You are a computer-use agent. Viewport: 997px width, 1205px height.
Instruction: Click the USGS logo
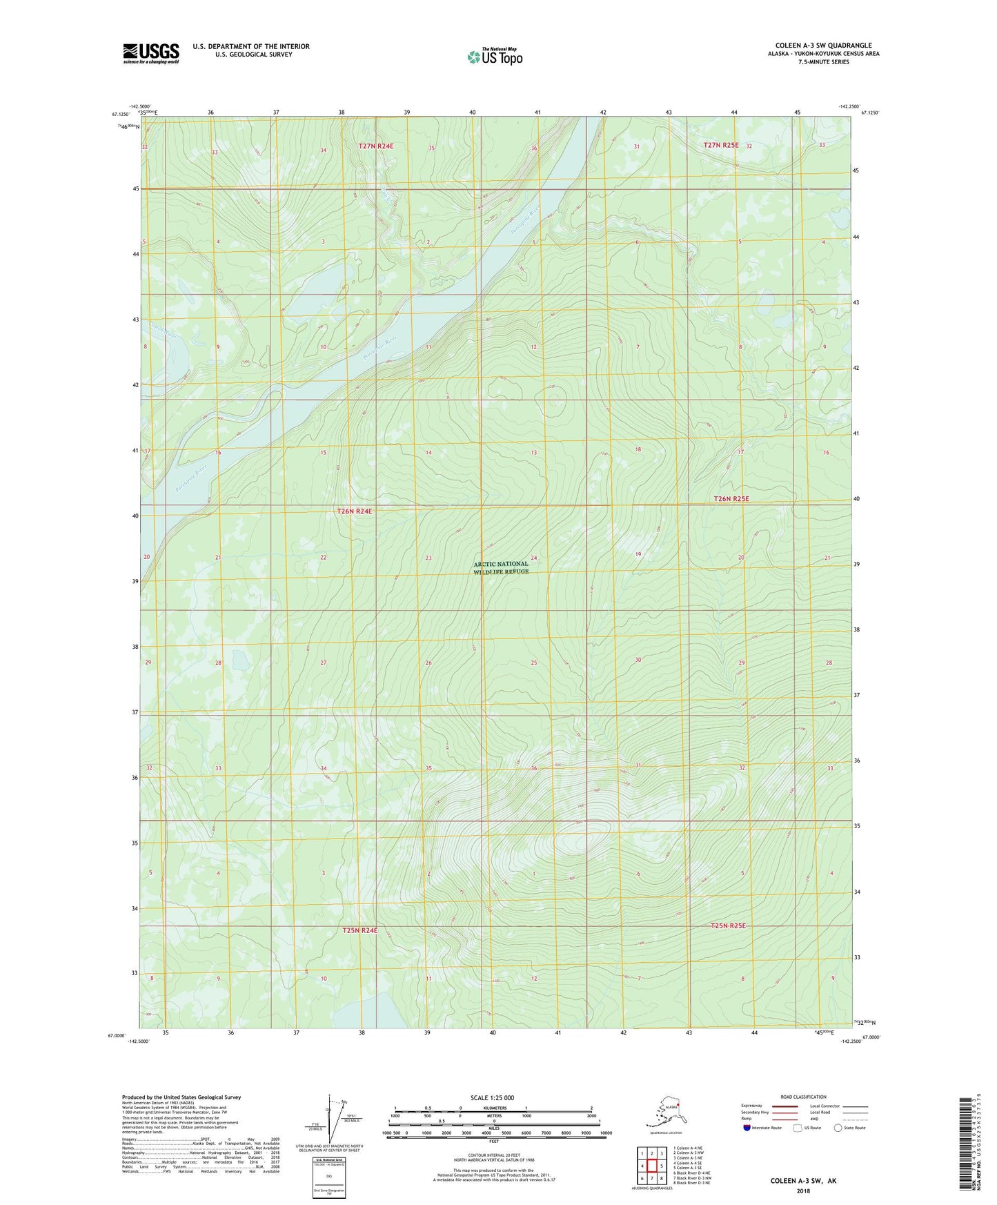point(150,53)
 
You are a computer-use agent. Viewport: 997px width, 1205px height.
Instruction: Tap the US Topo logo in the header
point(494,57)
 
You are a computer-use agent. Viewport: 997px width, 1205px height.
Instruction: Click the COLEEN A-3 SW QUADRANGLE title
point(823,46)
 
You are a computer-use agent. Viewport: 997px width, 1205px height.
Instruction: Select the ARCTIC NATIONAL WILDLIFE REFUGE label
point(502,567)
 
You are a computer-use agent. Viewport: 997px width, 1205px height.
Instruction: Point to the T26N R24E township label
point(354,511)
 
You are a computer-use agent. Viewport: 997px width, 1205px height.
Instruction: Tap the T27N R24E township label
point(375,146)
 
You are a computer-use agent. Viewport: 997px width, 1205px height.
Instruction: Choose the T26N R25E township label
point(731,498)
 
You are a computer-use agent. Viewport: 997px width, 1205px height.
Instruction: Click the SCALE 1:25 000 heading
point(493,1098)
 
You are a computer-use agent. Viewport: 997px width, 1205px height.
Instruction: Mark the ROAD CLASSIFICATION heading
point(803,1097)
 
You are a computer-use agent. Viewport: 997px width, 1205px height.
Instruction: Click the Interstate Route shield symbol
point(747,1128)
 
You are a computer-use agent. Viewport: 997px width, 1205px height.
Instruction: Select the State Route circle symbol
point(838,1128)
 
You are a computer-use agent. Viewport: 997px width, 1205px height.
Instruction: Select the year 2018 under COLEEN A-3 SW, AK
point(803,1191)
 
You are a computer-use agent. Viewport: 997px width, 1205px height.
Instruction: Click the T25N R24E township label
point(360,930)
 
